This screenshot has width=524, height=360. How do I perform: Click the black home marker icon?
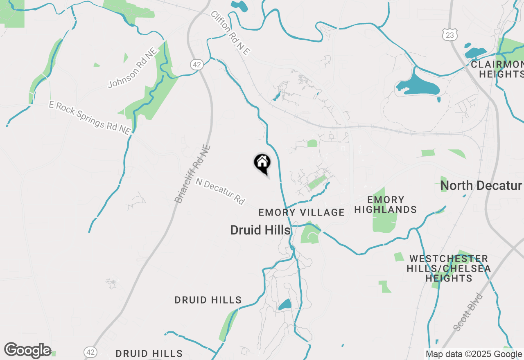[x=262, y=163]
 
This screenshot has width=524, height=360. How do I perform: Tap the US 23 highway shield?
[x=449, y=35]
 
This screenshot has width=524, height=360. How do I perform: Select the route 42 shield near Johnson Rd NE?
[x=196, y=64]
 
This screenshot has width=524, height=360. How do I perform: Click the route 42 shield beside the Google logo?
[x=90, y=352]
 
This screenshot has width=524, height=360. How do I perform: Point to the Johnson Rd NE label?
[x=133, y=68]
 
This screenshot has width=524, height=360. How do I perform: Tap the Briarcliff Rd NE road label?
[x=192, y=174]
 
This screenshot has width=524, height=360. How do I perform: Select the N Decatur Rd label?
[x=220, y=191]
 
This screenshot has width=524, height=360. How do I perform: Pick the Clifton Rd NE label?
[x=230, y=33]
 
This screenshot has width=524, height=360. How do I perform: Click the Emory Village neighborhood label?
[x=301, y=212]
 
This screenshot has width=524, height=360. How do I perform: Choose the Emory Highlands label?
[x=385, y=205]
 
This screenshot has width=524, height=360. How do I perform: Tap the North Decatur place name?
[x=481, y=185]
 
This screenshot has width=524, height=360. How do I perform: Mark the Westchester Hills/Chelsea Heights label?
[x=449, y=268]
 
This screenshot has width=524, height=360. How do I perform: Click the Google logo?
[x=27, y=351]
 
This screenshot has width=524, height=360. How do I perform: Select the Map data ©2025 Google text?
[x=474, y=354]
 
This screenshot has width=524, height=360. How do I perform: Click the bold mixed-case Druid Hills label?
[x=260, y=230]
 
